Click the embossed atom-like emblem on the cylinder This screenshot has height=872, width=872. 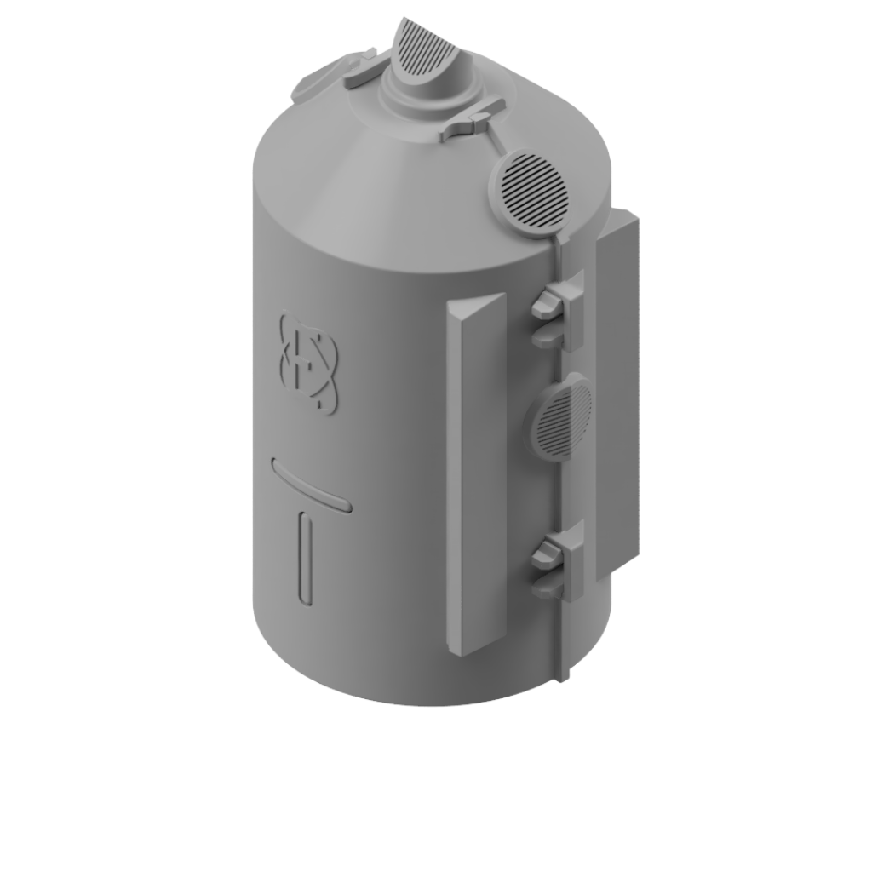309,364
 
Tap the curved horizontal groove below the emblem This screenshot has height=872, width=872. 311,485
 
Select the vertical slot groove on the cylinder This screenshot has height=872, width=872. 306,559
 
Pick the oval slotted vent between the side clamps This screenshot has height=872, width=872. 562,417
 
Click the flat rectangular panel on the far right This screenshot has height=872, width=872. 617,392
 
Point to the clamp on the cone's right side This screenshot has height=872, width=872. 473,120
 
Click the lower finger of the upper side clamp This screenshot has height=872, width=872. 549,337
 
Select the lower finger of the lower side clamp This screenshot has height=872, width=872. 549,587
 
